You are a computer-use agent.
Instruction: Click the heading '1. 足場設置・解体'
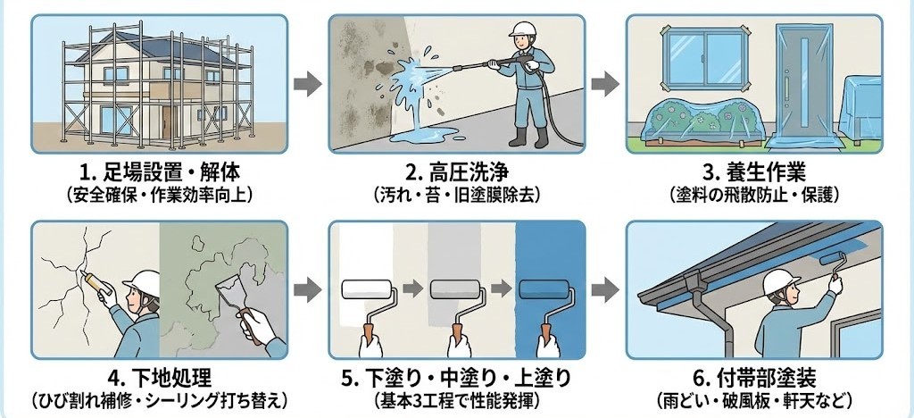pyautogui.click(x=159, y=172)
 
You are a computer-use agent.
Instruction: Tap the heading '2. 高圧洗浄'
pyautogui.click(x=456, y=172)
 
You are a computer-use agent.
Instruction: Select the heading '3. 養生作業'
pyautogui.click(x=754, y=172)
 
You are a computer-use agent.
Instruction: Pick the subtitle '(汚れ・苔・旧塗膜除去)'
pyautogui.click(x=456, y=192)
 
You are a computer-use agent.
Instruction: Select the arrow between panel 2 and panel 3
pyautogui.click(x=606, y=85)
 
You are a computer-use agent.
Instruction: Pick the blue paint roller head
pyautogui.click(x=545, y=289)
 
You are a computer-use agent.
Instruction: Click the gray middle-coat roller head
pyautogui.click(x=457, y=289)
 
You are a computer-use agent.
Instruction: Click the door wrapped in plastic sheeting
pyautogui.click(x=801, y=85)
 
